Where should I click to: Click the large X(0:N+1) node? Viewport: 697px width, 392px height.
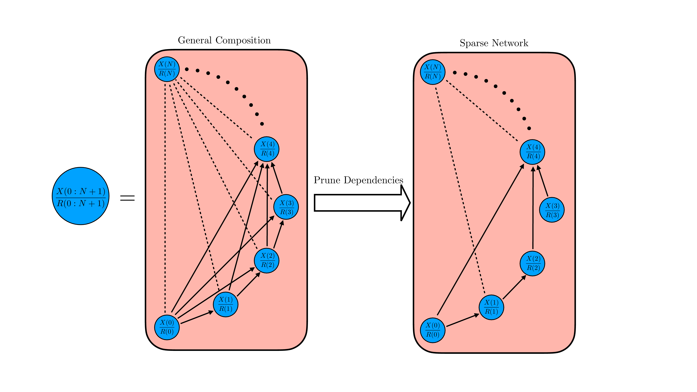[81, 196]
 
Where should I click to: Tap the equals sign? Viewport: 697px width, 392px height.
[127, 198]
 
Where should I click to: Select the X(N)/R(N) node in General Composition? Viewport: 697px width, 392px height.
[167, 69]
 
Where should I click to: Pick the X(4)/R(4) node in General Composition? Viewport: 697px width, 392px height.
[267, 149]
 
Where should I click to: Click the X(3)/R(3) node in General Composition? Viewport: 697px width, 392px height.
[286, 207]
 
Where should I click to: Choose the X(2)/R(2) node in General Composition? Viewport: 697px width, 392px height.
[267, 260]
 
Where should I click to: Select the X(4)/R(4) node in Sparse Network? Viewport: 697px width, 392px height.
[532, 152]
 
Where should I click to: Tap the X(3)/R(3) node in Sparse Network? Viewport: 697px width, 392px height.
[552, 210]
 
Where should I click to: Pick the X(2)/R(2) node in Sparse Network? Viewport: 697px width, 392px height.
[532, 263]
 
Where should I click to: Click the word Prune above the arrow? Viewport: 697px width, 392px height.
[327, 180]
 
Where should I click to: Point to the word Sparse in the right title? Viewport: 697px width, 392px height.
[474, 43]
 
